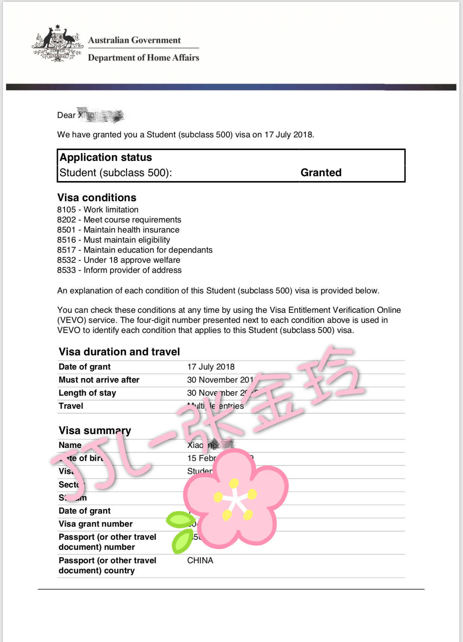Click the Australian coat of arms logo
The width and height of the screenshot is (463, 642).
pyautogui.click(x=57, y=44)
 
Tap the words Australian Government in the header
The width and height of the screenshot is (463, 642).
pyautogui.click(x=134, y=40)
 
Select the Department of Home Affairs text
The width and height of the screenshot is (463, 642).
pyautogui.click(x=144, y=58)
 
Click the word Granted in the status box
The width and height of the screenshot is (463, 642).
pyautogui.click(x=321, y=172)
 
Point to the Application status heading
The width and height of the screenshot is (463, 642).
pyautogui.click(x=106, y=158)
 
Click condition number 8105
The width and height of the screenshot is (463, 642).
pyautogui.click(x=66, y=210)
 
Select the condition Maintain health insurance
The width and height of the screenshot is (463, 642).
pyautogui.click(x=131, y=230)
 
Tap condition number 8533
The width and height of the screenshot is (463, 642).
pyautogui.click(x=66, y=270)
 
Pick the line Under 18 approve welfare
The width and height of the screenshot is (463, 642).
pyautogui.click(x=132, y=260)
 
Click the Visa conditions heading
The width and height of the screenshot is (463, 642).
pyautogui.click(x=97, y=197)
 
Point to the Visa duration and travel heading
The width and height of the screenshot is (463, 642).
pyautogui.click(x=119, y=352)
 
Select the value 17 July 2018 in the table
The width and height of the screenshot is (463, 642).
pyautogui.click(x=211, y=367)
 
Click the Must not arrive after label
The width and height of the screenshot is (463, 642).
pyautogui.click(x=99, y=380)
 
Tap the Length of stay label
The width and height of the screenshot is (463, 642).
pyautogui.click(x=87, y=393)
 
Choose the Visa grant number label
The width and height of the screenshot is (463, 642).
pyautogui.click(x=95, y=524)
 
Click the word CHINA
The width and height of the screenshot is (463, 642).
pyautogui.click(x=200, y=561)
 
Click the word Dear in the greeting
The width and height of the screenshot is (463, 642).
pyautogui.click(x=66, y=115)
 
